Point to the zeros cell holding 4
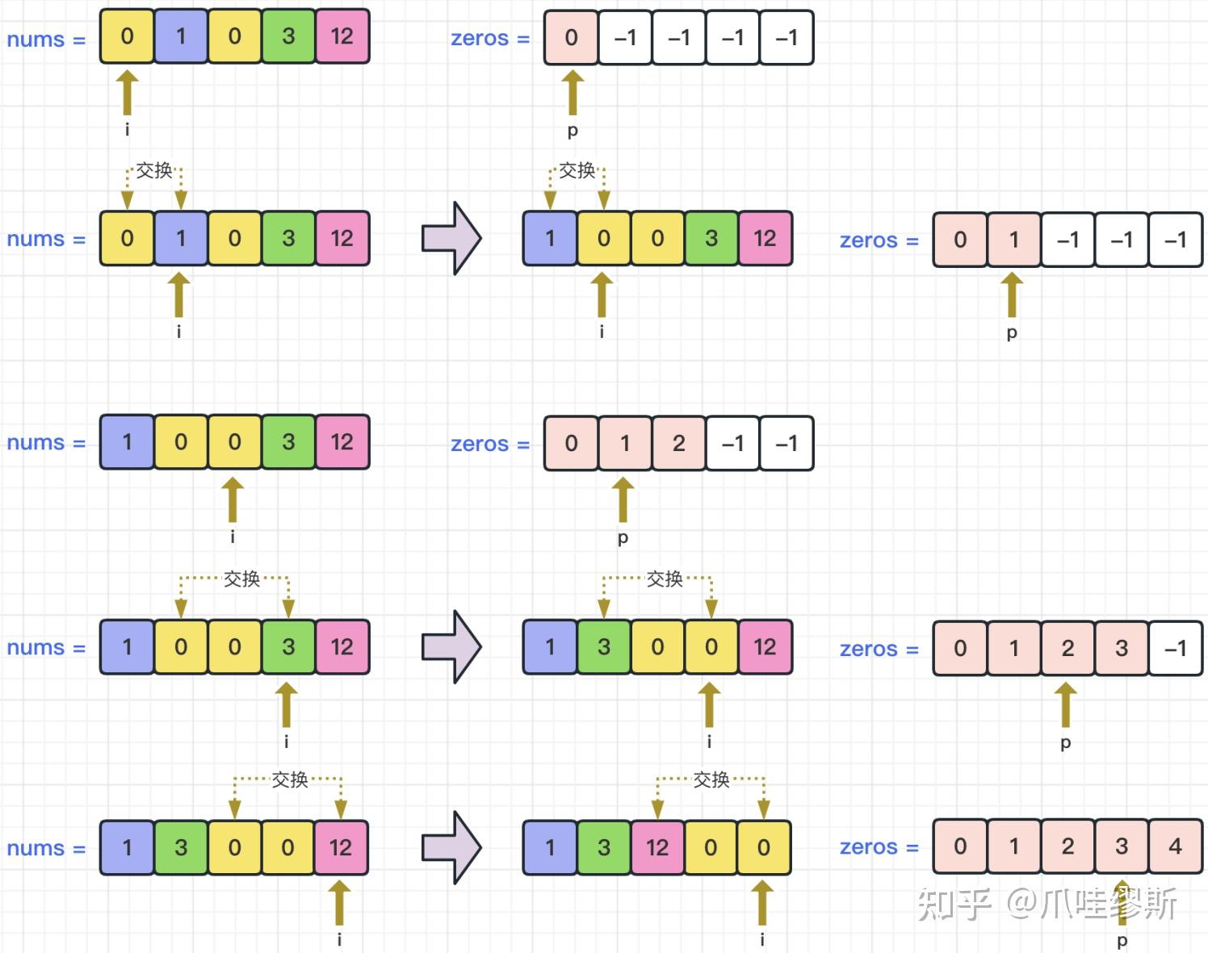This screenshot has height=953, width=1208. tap(1176, 846)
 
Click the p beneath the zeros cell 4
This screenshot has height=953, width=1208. tap(1122, 941)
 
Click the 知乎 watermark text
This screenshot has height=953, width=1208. tap(954, 904)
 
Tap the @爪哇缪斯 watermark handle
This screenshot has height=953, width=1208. tap(1091, 904)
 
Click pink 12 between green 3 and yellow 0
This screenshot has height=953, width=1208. tap(657, 847)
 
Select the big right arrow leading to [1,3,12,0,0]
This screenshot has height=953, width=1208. tap(452, 847)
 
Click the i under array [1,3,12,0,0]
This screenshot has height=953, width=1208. tap(762, 939)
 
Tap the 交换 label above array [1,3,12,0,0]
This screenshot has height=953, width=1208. tap(711, 780)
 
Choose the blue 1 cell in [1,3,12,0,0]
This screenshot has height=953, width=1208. tap(550, 847)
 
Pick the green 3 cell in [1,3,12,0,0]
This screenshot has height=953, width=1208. tap(604, 847)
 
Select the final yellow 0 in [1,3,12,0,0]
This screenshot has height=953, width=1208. tap(764, 847)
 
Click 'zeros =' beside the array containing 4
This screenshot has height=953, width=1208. tap(879, 847)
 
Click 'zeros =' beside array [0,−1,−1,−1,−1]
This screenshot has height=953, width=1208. tap(491, 38)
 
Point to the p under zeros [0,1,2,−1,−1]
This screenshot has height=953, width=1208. tap(623, 538)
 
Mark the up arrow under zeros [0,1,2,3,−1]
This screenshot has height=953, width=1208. tap(1065, 704)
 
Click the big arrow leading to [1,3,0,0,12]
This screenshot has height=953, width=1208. tap(452, 646)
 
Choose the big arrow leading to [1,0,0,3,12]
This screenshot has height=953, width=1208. tap(452, 238)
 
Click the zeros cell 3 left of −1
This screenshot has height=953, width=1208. tap(1122, 648)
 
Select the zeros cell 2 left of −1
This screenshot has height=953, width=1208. tap(678, 443)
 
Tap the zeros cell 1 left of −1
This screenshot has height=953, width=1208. tap(1014, 240)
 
